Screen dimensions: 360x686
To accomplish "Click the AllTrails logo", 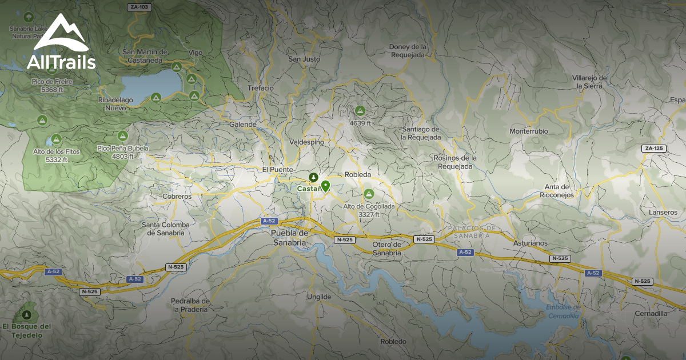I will pyautogui.click(x=61, y=43).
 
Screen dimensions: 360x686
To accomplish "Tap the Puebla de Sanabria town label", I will pyautogui.click(x=289, y=238).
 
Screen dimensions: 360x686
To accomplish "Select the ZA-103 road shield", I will pyautogui.click(x=139, y=7).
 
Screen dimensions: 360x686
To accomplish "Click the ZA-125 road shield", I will pyautogui.click(x=654, y=149).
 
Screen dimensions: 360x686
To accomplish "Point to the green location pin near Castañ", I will pyautogui.click(x=325, y=186).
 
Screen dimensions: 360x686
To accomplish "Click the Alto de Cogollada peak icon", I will pyautogui.click(x=369, y=194).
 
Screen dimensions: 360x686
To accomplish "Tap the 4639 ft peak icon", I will pyautogui.click(x=360, y=111).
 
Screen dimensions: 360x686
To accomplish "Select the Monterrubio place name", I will pyautogui.click(x=529, y=131).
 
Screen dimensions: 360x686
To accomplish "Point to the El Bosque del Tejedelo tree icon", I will pyautogui.click(x=26, y=315).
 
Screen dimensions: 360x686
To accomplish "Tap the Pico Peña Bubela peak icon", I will pyautogui.click(x=122, y=136).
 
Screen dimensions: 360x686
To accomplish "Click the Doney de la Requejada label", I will pyautogui.click(x=408, y=51).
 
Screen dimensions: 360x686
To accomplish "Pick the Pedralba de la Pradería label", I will pyautogui.click(x=190, y=305).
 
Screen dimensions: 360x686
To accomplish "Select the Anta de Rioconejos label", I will pyautogui.click(x=557, y=191).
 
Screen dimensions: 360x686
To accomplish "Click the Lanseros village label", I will pyautogui.click(x=663, y=213).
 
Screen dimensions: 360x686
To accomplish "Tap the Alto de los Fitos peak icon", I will pyautogui.click(x=56, y=139).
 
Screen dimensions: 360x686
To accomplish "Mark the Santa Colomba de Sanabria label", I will pyautogui.click(x=166, y=229).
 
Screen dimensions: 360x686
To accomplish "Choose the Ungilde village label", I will pyautogui.click(x=318, y=297).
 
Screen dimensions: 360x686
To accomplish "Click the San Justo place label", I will pyautogui.click(x=304, y=59).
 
